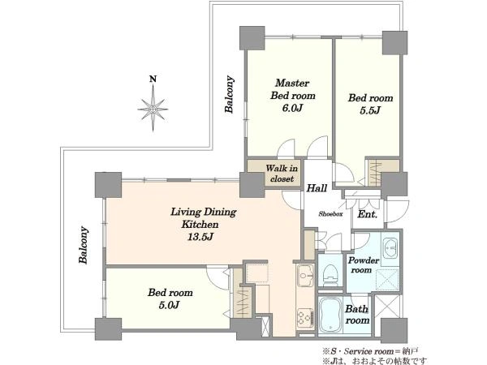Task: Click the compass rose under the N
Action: click(153, 109)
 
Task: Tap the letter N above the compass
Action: click(153, 79)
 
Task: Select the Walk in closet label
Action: click(282, 174)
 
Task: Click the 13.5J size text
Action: click(200, 237)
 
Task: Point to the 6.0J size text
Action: click(292, 108)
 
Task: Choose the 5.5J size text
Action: click(370, 110)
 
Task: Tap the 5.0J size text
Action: click(170, 305)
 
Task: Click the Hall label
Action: click(317, 188)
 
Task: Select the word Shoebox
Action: click(330, 214)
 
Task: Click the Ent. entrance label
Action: click(368, 214)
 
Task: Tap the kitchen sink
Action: click(306, 275)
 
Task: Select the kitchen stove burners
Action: click(305, 318)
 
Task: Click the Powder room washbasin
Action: click(390, 248)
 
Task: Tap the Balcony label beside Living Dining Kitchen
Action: click(84, 245)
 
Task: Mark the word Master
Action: click(292, 84)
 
